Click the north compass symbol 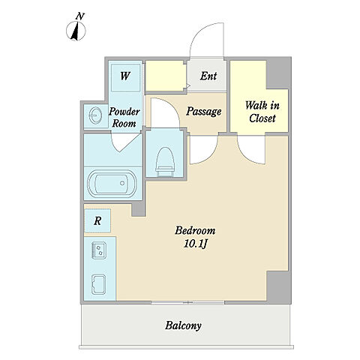click(x=76, y=31)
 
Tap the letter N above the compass click(x=79, y=16)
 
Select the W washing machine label click(x=125, y=76)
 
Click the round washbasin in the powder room click(x=95, y=115)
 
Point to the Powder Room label click(x=124, y=118)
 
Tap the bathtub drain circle click(x=122, y=183)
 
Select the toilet click(x=165, y=162)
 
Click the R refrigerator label click(x=97, y=221)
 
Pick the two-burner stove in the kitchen click(x=99, y=250)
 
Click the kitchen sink click(x=99, y=284)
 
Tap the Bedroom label click(x=195, y=230)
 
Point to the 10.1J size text click(x=196, y=244)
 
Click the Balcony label click(x=183, y=325)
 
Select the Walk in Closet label click(x=262, y=112)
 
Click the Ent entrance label click(x=208, y=76)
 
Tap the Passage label click(x=203, y=111)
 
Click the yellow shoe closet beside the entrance click(x=165, y=76)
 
